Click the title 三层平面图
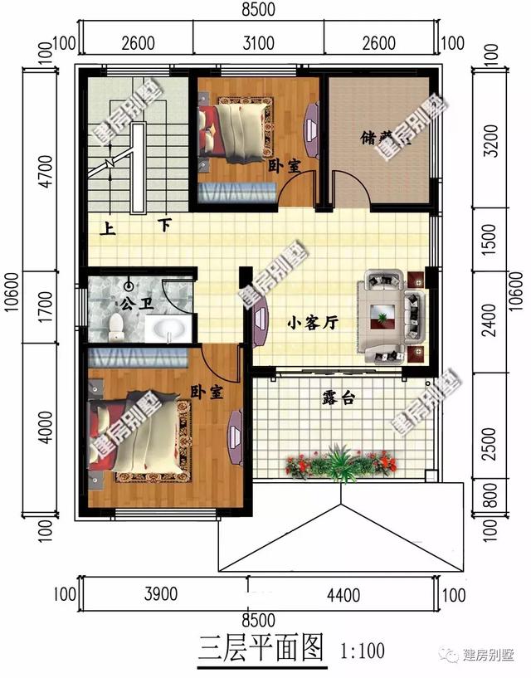click(261, 647)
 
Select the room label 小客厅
click(312, 324)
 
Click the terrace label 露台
click(339, 398)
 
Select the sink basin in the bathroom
click(169, 330)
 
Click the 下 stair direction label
click(165, 224)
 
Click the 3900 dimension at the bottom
click(161, 594)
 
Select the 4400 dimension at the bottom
click(343, 594)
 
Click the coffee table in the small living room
click(383, 314)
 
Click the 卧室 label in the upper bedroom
click(284, 165)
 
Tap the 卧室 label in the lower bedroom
click(207, 391)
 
